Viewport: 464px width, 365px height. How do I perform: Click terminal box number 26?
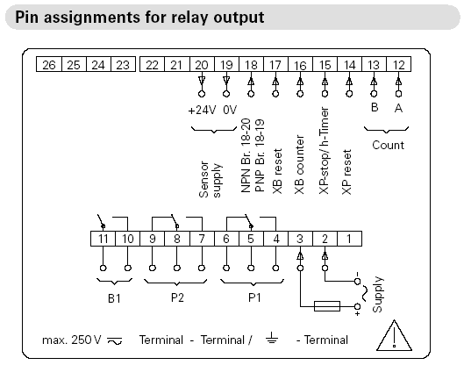point(49,64)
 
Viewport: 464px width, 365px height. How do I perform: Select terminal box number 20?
point(202,64)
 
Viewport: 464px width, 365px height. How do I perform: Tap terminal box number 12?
point(398,64)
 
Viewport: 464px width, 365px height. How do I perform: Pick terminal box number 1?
point(349,239)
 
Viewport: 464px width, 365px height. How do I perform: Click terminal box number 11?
point(103,239)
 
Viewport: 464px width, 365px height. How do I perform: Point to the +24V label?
point(202,111)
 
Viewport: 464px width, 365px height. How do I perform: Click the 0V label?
point(230,111)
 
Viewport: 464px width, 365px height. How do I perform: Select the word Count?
point(388,145)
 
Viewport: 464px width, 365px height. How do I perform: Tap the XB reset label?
point(277,171)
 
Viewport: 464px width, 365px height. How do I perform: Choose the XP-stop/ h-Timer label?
point(324,151)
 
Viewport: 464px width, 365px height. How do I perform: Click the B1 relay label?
point(114,298)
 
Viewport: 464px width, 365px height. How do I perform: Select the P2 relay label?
point(177,297)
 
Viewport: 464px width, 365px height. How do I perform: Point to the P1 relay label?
point(254,297)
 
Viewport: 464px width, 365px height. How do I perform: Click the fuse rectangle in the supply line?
point(326,306)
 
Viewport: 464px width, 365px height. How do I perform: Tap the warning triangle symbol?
point(394,335)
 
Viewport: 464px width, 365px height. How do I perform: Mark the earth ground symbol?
point(272,338)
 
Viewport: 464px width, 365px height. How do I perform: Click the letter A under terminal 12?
point(398,108)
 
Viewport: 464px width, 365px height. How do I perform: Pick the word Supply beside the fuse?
point(377,295)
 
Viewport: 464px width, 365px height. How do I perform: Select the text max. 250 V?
point(72,340)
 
